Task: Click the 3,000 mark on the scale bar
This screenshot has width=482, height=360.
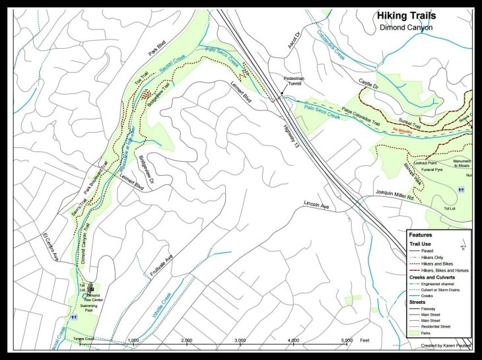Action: click(x=240, y=341)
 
